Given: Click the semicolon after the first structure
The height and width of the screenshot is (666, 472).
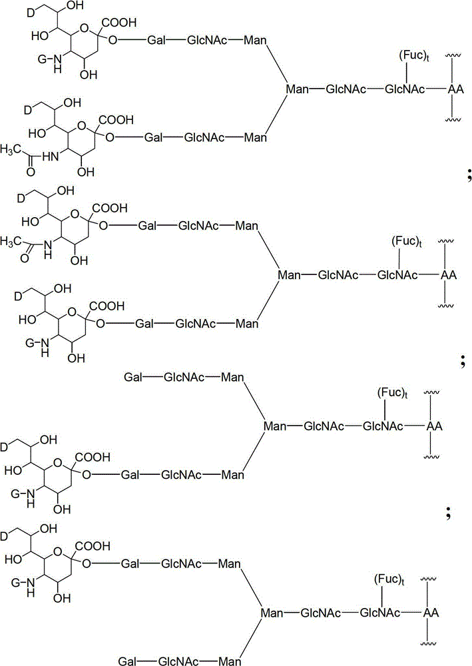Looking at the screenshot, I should pos(459,175).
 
